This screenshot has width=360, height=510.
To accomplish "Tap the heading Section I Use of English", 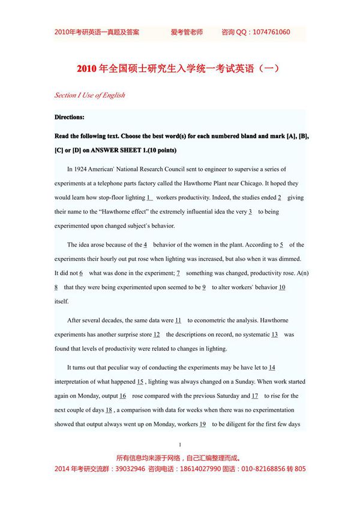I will click(89, 95).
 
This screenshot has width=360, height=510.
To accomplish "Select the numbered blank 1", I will click(149, 197).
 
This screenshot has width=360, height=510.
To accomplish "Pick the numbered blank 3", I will click(250, 212).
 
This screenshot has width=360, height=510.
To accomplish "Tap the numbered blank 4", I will click(145, 245).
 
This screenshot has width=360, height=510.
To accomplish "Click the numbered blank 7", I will click(178, 273).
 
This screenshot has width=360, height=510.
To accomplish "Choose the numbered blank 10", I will click(282, 287).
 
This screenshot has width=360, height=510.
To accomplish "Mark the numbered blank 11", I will click(178, 320).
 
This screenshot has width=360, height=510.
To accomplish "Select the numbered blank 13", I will click(274, 335).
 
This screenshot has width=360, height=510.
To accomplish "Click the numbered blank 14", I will click(272, 367).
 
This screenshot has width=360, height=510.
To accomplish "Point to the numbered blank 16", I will click(122, 396).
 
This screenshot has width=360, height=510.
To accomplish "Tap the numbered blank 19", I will click(203, 424).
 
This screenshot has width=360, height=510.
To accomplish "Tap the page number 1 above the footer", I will click(180, 445).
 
